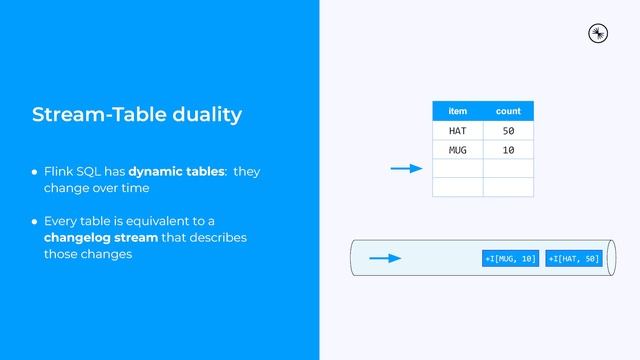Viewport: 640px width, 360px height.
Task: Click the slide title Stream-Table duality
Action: click(137, 114)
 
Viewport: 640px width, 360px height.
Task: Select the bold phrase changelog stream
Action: click(101, 238)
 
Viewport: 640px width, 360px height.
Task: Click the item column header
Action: click(458, 111)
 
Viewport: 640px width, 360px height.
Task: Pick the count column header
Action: click(508, 111)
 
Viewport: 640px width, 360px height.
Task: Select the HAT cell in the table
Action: click(458, 131)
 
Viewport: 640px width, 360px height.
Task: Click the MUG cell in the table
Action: click(458, 150)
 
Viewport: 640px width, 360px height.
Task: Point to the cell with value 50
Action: click(508, 131)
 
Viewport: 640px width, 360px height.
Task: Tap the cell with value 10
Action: click(508, 150)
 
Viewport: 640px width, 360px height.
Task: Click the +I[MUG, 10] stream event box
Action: click(510, 259)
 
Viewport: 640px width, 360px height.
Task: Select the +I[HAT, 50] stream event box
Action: click(574, 259)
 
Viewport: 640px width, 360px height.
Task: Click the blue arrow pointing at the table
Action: click(406, 169)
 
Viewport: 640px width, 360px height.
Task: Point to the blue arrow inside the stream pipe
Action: click(385, 259)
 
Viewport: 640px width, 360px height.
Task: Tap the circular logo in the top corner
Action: click(598, 33)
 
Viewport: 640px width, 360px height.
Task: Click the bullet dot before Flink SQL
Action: click(34, 172)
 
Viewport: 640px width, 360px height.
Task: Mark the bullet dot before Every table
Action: click(34, 221)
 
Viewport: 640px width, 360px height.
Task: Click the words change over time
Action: click(96, 188)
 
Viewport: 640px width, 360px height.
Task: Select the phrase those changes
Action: click(88, 255)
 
